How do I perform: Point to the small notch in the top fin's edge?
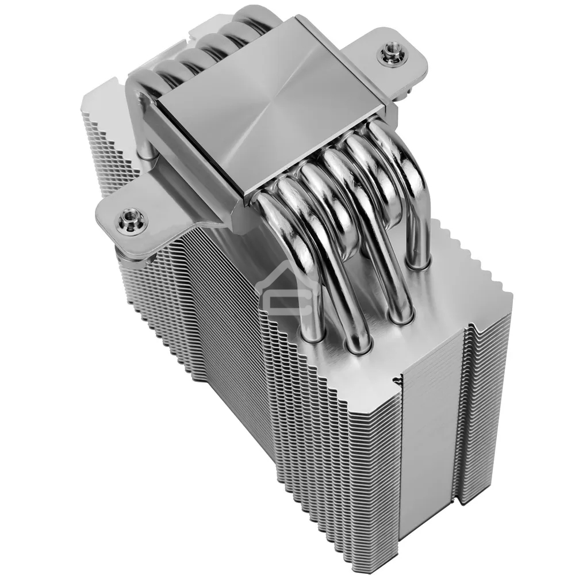pos(396,380)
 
